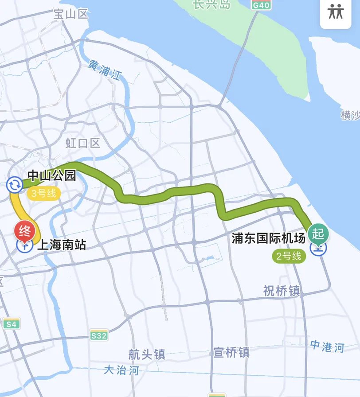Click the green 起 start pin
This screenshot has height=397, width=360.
point(319,233)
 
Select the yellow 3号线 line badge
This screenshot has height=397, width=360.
point(43,194)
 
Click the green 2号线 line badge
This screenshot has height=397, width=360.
point(289,256)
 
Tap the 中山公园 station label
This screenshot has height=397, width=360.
point(52,176)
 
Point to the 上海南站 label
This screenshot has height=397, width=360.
point(61,245)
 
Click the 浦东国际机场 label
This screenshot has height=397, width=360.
point(269,238)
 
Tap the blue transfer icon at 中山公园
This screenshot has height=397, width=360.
point(14,184)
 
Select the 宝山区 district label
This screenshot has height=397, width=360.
point(71,14)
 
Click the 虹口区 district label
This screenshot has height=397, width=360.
point(83,143)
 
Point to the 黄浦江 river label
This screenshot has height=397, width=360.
point(105,70)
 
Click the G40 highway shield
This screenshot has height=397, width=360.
point(260,5)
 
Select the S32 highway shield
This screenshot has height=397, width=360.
point(98,335)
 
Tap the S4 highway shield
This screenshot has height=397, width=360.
point(12,324)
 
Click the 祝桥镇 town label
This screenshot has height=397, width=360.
point(282,291)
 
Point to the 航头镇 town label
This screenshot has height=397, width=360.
point(147,354)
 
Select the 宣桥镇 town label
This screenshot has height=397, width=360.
point(231,352)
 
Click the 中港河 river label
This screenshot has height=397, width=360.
point(327,346)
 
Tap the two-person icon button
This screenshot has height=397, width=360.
point(336,12)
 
